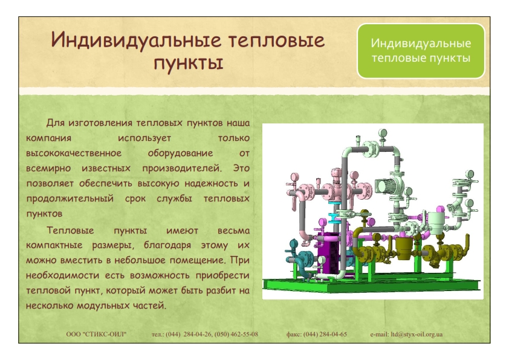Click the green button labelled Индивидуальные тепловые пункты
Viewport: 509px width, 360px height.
421,51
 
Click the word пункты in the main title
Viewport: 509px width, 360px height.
188,62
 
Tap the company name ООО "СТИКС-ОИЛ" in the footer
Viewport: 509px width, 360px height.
96,334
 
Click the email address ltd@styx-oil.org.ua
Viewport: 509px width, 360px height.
417,334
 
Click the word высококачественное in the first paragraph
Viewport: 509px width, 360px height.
74,153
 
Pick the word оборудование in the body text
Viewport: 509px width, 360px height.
180,153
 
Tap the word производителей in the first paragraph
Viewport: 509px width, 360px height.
182,168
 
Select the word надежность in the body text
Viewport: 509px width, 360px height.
212,183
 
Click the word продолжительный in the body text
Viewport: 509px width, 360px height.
70,198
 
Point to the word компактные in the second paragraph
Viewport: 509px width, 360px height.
54,245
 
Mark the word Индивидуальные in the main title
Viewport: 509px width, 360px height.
136,41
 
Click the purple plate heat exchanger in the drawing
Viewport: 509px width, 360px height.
328,254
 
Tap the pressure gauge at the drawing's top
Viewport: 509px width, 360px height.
383,133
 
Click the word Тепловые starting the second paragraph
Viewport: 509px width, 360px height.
70,231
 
